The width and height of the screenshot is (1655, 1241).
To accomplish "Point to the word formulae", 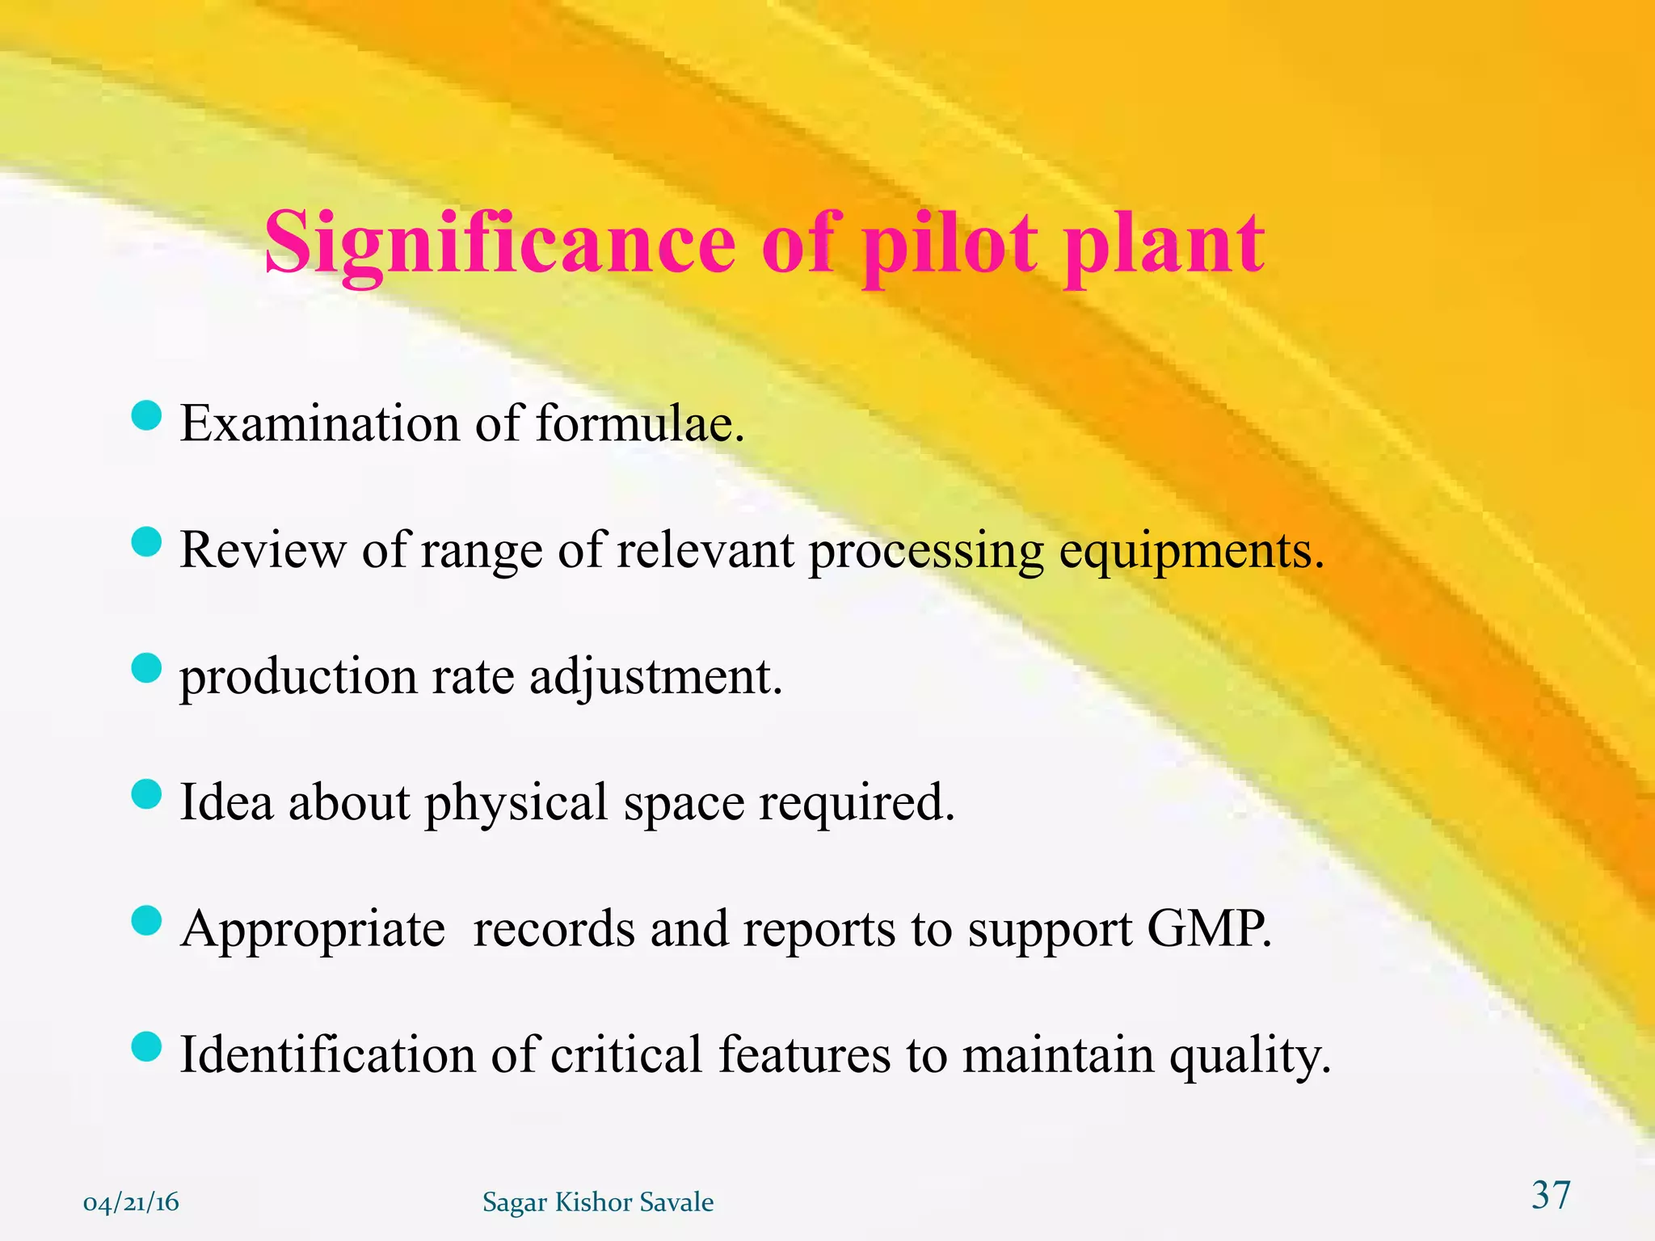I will click(x=638, y=423).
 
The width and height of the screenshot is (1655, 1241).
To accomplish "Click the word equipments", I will click(x=1191, y=551).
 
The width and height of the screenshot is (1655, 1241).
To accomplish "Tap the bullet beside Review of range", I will click(x=146, y=542).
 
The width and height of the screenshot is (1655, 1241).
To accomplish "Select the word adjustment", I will click(x=655, y=677).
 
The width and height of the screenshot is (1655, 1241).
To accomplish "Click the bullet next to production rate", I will click(x=146, y=668).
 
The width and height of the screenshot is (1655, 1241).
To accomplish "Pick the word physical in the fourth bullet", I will click(x=516, y=803).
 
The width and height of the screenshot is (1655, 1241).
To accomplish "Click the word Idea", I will click(x=226, y=803).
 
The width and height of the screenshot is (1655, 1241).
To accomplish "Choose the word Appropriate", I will click(x=313, y=929).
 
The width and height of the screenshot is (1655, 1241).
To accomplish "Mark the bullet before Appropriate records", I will click(x=146, y=920).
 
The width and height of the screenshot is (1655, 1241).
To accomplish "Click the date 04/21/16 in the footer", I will click(x=131, y=1202).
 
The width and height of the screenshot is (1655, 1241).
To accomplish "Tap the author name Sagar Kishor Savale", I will click(x=598, y=1202).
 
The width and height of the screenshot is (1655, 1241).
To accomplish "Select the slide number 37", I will click(x=1551, y=1195).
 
